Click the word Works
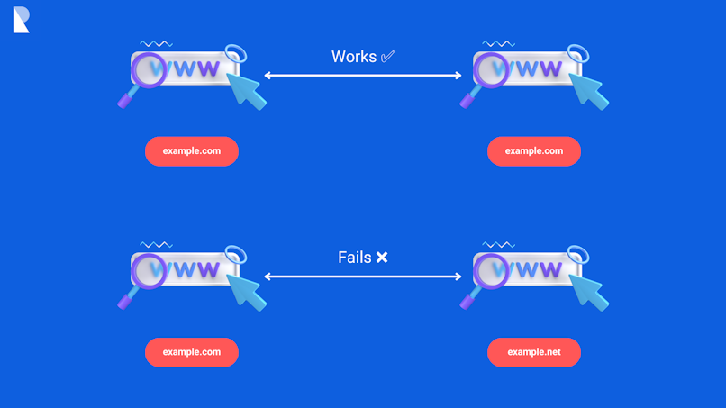(352, 57)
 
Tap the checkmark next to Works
(387, 57)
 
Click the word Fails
(354, 258)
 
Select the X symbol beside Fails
(382, 258)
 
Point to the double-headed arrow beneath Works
(363, 76)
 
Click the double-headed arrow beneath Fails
(363, 277)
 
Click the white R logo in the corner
(22, 20)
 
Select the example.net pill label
(534, 352)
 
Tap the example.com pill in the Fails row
(192, 352)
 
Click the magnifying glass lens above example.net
(492, 269)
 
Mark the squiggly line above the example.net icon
(499, 244)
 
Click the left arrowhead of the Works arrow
(268, 76)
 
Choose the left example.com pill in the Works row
(192, 151)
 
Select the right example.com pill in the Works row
(534, 151)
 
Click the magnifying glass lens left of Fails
(150, 269)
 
